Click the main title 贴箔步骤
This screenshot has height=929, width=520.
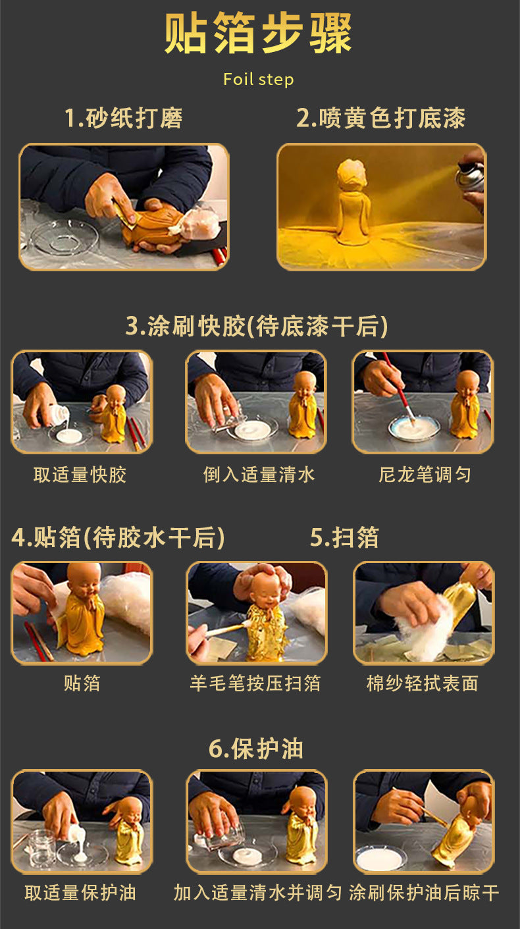pos(258,33)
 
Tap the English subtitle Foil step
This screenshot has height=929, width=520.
pos(258,79)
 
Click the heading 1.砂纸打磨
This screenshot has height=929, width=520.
pos(123,118)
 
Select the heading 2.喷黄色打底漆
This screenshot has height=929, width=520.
pos(381,118)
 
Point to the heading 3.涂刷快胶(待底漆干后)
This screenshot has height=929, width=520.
pos(257,325)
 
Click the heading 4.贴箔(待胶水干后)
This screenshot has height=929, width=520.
pos(118,537)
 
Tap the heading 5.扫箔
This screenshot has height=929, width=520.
pos(344,537)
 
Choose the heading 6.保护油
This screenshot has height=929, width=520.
pos(256,749)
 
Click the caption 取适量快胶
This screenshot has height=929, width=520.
pos(80,475)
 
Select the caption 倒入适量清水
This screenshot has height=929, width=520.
pos(259,475)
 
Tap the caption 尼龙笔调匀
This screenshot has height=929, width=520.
pos(425,475)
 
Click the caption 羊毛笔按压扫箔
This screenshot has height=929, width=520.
pos(255,683)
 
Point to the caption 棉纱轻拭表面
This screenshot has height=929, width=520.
pos(423,683)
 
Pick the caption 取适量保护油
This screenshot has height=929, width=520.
pos(80,893)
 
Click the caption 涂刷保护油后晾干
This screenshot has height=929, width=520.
pos(424,893)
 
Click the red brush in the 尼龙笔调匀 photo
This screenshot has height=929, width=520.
pos(398,388)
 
